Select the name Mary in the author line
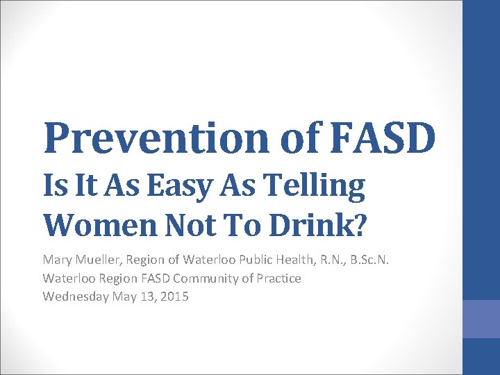click(x=57, y=260)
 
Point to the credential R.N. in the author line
click(x=343, y=260)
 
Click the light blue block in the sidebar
click(x=481, y=319)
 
